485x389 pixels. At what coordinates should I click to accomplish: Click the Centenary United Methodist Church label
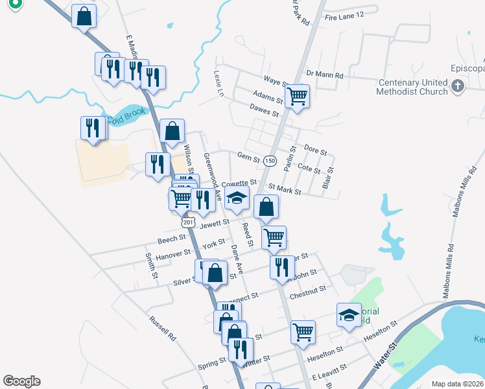click(414, 87)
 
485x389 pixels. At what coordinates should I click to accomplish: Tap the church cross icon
click(457, 86)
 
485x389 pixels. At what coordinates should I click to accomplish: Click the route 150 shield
click(270, 160)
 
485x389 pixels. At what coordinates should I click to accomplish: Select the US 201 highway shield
click(188, 222)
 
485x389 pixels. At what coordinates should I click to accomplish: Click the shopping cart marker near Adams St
click(297, 96)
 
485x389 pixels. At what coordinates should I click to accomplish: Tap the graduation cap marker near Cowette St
click(238, 198)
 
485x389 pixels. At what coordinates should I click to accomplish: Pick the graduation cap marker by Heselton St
click(348, 315)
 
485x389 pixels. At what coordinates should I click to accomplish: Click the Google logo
click(21, 381)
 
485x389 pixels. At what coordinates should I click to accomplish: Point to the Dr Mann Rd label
click(325, 75)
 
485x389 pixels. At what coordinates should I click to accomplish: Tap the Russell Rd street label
click(162, 329)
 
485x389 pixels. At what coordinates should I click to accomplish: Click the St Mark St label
click(285, 189)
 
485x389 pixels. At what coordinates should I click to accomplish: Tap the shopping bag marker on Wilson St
click(172, 131)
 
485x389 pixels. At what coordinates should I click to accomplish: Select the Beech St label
click(172, 239)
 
